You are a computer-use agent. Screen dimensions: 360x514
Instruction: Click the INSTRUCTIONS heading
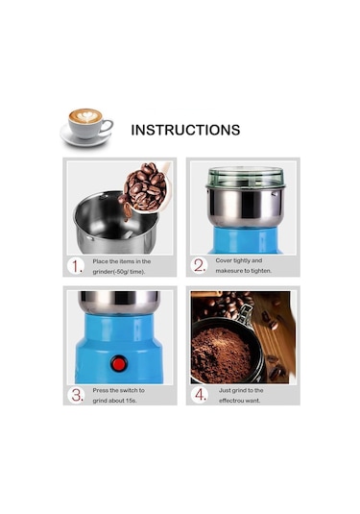[x=185, y=130]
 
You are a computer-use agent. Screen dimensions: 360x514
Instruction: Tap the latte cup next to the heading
[x=86, y=127]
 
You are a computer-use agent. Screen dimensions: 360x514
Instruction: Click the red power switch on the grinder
[x=119, y=364]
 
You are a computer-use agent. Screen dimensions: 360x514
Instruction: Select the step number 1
[x=77, y=266]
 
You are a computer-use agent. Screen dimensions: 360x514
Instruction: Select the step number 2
[x=200, y=265]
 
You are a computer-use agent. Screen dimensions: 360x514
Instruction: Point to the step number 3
[x=78, y=395]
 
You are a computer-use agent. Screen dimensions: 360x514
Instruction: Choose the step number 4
[x=200, y=395]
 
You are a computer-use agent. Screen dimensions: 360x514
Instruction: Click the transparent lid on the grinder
[x=246, y=178]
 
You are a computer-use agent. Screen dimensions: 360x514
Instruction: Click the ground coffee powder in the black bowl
[x=220, y=355]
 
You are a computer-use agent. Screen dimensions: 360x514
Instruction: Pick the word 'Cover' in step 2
[x=224, y=260]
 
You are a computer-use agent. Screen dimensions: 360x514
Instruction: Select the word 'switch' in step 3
[x=129, y=390]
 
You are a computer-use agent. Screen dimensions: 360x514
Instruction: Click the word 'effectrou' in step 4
[x=230, y=401]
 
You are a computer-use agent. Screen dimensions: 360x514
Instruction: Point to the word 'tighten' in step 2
[x=261, y=271]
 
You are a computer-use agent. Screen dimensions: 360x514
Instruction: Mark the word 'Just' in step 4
[x=225, y=390]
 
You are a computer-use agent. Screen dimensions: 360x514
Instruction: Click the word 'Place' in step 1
[x=100, y=261]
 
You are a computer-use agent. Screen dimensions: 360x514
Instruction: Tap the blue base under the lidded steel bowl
[x=245, y=240]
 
